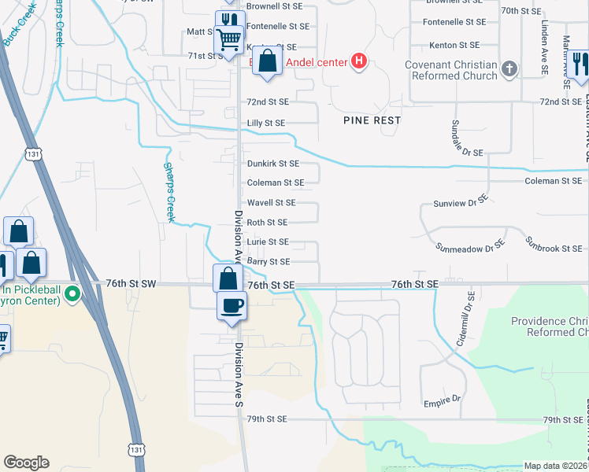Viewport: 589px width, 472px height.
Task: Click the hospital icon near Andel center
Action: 359,61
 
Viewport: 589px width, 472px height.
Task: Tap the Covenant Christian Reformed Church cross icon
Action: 509,68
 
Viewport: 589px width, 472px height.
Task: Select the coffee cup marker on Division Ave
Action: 232,305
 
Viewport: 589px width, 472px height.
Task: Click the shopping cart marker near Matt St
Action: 228,38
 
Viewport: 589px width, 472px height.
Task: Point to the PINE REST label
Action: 372,120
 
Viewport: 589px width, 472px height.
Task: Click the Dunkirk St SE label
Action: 273,164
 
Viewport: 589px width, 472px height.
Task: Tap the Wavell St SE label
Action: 271,203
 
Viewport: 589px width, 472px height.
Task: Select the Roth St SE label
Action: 267,223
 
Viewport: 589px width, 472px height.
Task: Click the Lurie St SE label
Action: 268,242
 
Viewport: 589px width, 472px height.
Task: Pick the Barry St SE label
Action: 269,261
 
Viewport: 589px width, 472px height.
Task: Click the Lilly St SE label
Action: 266,124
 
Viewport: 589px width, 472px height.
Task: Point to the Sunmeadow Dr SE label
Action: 470,247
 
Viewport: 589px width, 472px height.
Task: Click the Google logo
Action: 26,463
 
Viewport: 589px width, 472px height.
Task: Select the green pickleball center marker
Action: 72,295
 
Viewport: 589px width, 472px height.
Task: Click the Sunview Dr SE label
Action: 461,203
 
